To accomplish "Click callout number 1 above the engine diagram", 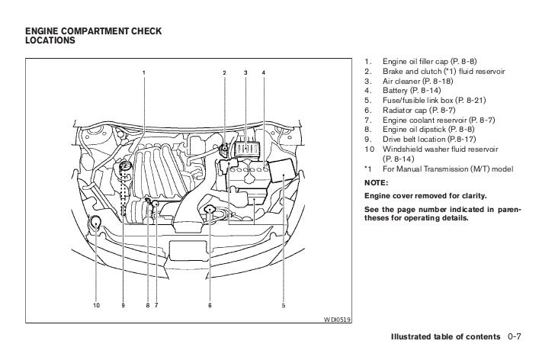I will pos(144,72).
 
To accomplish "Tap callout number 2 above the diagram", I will pos(225,72).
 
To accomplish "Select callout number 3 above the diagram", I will pos(245,72).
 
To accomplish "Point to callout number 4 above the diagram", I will pos(263,72).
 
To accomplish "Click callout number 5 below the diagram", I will pos(284,306).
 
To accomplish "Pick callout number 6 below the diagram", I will pos(210,306).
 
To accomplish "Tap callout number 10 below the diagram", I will pos(96,306).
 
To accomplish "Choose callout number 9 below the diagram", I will pos(123,306).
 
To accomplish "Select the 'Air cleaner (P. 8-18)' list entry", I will pos(415,80).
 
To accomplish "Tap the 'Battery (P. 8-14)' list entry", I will pos(411,90).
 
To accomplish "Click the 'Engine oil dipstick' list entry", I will pos(422,130).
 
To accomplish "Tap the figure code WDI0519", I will pos(336,319).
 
